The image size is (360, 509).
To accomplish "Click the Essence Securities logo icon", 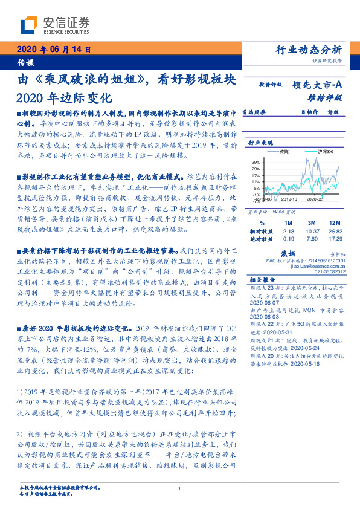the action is pos(28,25).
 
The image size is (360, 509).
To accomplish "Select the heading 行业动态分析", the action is pos(308,50).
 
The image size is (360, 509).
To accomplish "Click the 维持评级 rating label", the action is pos(329,97).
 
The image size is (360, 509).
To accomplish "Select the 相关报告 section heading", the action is pos(263,280).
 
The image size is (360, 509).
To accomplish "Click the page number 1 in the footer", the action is pos(180,488).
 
